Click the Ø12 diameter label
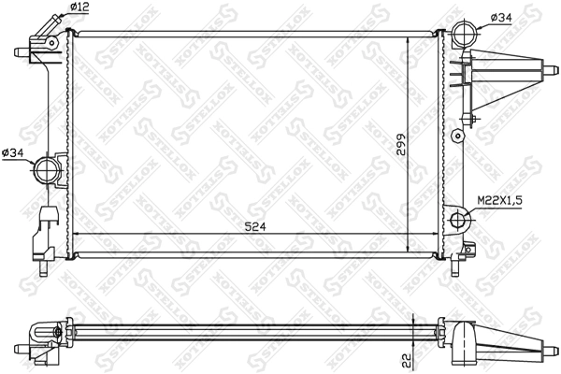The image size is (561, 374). (x=79, y=7)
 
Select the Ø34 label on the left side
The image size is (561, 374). (x=13, y=153)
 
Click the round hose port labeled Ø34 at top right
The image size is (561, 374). (x=463, y=34)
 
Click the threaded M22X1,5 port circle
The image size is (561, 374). (x=460, y=221)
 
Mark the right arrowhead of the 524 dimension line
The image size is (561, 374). (x=435, y=233)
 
